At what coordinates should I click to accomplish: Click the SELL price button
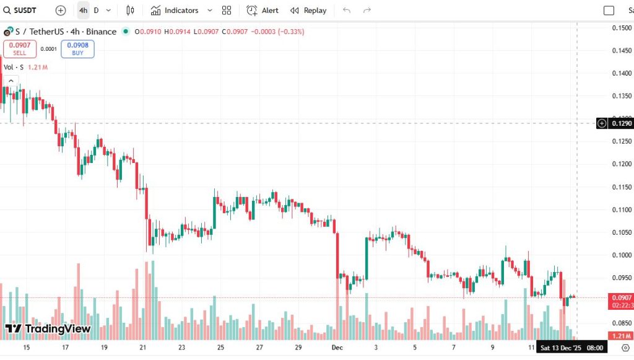[x=20, y=49]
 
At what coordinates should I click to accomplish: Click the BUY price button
[x=77, y=49]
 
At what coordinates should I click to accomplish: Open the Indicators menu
[x=175, y=11]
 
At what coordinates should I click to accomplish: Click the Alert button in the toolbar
[x=263, y=11]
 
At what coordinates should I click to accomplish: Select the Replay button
[x=308, y=11]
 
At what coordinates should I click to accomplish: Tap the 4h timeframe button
[x=83, y=11]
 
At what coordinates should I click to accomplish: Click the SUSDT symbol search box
[x=23, y=11]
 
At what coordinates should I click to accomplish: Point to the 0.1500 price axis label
[x=622, y=28]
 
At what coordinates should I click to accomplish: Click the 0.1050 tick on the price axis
[x=622, y=232]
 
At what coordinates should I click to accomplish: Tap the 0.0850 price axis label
[x=622, y=323]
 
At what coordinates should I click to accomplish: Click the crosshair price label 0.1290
[x=622, y=123]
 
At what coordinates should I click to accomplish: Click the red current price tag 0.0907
[x=621, y=297]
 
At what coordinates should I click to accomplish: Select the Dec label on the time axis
[x=337, y=348]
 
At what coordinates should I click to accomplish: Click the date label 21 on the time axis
[x=143, y=348]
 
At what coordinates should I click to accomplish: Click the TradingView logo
[x=48, y=328]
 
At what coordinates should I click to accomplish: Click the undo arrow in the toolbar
[x=346, y=11]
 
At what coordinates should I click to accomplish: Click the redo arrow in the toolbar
[x=367, y=11]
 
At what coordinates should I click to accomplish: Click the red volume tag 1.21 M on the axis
[x=621, y=336]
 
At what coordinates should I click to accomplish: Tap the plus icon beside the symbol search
[x=60, y=11]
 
